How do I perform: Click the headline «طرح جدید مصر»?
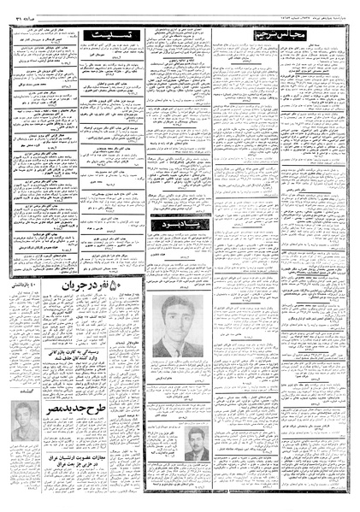coord(86,432)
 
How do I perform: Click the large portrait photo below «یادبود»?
coord(177,327)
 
